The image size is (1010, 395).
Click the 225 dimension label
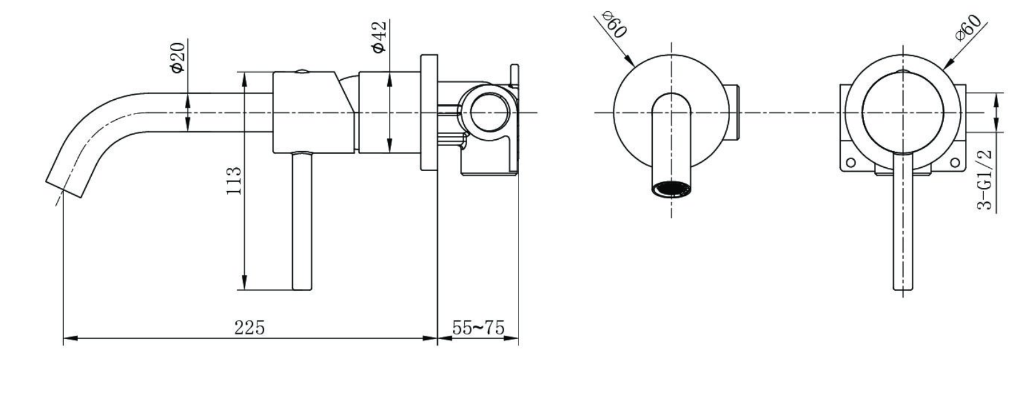point(249,328)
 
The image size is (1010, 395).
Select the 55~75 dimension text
point(478,328)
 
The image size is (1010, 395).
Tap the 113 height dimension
point(234,180)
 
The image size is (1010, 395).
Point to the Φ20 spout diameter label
point(178,57)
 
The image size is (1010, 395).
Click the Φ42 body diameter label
point(379,37)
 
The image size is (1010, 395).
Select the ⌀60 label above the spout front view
point(614,26)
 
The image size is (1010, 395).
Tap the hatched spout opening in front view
point(672,188)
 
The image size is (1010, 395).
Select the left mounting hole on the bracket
point(850,163)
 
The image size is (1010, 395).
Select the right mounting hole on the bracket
point(954,163)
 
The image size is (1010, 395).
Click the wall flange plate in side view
point(428,112)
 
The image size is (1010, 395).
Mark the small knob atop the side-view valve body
point(302,71)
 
